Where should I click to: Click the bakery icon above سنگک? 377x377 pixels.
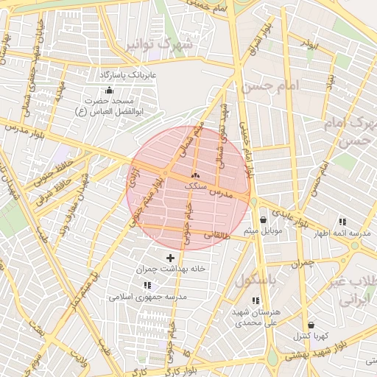tap(195, 175)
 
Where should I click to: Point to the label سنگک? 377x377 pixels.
tap(195, 186)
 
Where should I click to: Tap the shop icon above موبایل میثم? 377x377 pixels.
tap(263, 219)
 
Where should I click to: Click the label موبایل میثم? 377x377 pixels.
tap(261, 232)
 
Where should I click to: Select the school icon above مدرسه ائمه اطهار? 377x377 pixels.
tap(342, 221)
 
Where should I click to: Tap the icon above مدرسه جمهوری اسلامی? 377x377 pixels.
tap(147, 285)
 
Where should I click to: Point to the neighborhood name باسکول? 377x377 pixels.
tap(256, 281)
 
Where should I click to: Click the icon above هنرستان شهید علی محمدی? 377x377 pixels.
tap(256, 300)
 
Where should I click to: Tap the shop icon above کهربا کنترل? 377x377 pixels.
tap(311, 325)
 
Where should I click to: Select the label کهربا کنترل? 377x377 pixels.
tap(310, 337)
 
